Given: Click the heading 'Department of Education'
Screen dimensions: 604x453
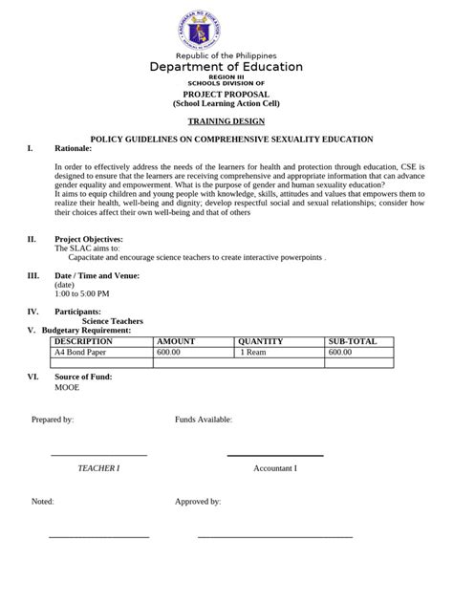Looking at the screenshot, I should [x=226, y=67].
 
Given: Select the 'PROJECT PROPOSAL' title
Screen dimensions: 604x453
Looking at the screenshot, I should [x=226, y=95].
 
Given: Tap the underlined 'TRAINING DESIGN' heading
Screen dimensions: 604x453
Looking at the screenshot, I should [x=226, y=121].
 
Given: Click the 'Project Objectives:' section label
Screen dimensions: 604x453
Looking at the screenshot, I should [x=91, y=238].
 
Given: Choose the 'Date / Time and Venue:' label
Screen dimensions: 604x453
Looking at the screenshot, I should [x=97, y=275].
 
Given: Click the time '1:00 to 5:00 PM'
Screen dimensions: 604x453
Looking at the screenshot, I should [x=81, y=294].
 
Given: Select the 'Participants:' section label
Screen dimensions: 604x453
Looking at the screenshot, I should [x=77, y=312].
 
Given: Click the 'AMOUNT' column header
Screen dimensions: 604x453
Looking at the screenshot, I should [x=176, y=341].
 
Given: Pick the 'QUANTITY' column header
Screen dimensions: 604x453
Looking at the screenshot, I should [x=261, y=341].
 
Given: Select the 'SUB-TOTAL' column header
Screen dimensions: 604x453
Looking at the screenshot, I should [x=353, y=341].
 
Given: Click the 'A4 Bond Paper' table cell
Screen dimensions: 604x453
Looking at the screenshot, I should [x=81, y=352].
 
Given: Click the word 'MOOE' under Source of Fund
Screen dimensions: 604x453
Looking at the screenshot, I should [x=67, y=388].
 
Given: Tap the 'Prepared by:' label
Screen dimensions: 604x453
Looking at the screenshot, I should [x=53, y=420].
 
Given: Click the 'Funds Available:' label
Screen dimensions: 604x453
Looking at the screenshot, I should [x=203, y=420].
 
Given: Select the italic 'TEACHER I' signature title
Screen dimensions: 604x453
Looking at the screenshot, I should [x=98, y=468].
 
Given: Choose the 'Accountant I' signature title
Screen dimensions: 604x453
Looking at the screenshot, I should [x=275, y=468].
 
